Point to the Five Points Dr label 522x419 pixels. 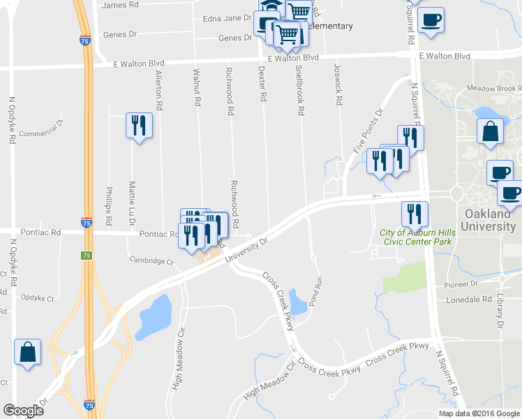pyautogui.click(x=368, y=131)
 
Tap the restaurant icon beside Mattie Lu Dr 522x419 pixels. pyautogui.click(x=138, y=126)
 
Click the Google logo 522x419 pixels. pyautogui.click(x=23, y=411)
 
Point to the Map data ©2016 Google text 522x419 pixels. pyautogui.click(x=479, y=413)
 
